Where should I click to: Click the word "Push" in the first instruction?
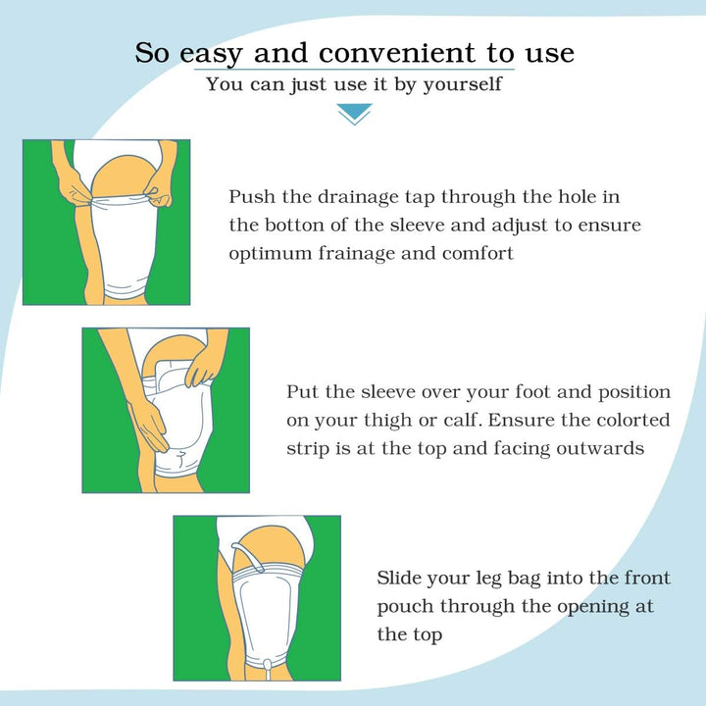(249, 196)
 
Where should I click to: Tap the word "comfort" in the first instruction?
(479, 253)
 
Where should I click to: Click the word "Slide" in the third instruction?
(399, 578)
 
